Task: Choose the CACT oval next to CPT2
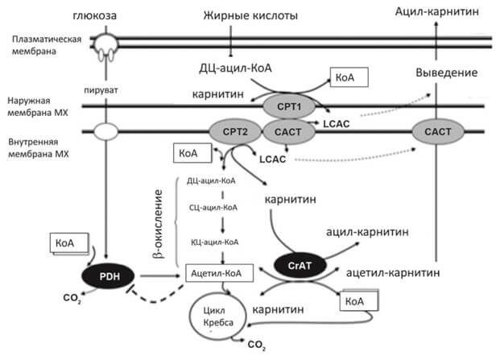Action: tap(287, 130)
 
